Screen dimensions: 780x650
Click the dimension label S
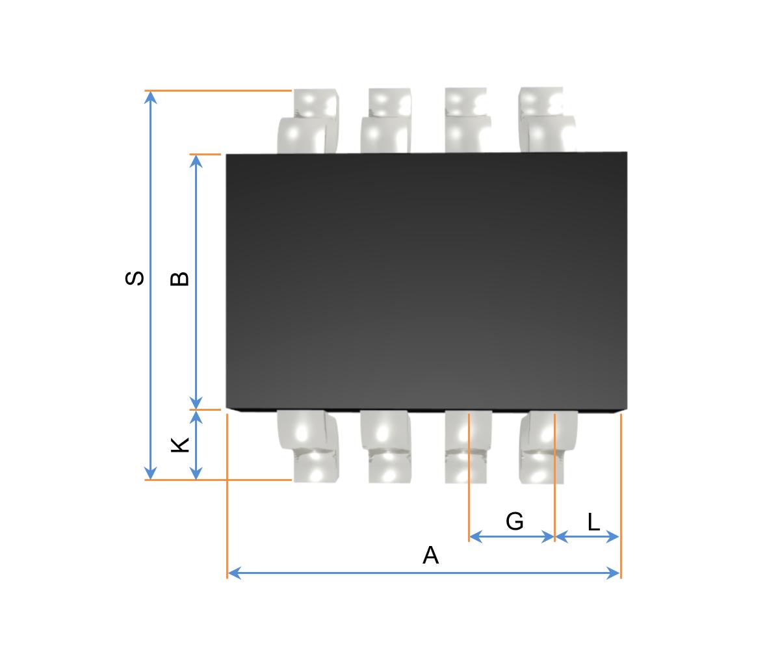[134, 278]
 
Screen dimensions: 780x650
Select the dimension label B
[179, 279]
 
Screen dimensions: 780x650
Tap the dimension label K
[179, 445]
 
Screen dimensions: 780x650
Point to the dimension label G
[514, 521]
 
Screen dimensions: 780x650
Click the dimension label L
[593, 522]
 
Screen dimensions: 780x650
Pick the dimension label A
[430, 555]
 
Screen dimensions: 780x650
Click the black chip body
[426, 281]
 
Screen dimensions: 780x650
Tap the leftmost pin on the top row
[308, 121]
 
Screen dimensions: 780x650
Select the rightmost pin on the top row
[547, 120]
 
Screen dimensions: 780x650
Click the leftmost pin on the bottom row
[308, 446]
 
